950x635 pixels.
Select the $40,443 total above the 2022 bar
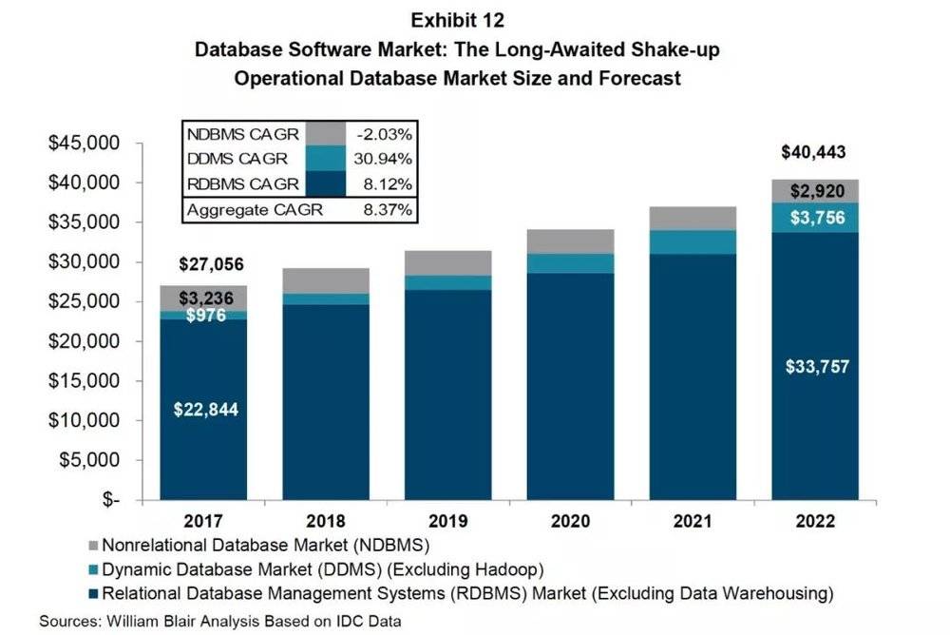(813, 152)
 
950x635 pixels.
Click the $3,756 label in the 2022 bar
(813, 217)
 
